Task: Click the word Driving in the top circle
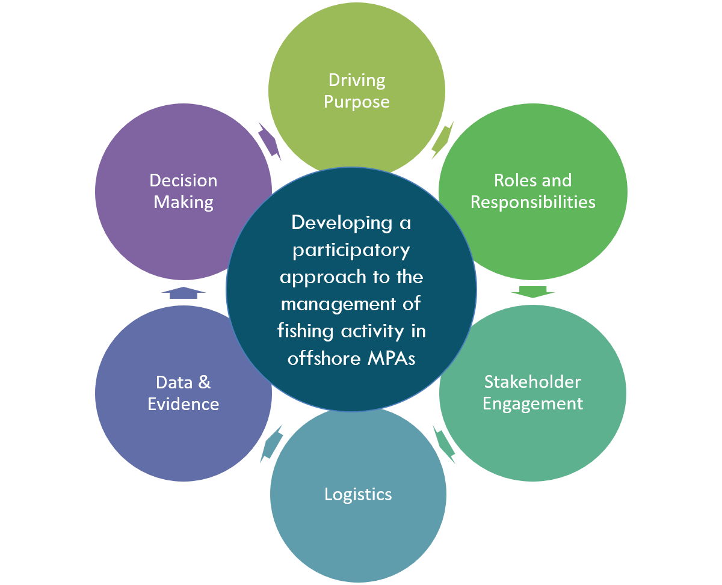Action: click(357, 80)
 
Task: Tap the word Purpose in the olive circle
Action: click(357, 102)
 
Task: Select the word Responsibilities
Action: click(532, 202)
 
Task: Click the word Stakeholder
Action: click(532, 382)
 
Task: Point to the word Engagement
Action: click(532, 403)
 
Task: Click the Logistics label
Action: click(358, 494)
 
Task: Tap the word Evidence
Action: click(184, 404)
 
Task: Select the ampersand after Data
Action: click(204, 382)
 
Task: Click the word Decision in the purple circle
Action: click(184, 180)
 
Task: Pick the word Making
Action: click(184, 202)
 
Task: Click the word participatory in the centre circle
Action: click(351, 250)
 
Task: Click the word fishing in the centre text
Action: click(306, 331)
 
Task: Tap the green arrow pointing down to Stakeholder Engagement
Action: click(532, 292)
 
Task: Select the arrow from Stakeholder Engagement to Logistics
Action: click(443, 444)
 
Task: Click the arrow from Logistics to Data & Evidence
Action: click(271, 444)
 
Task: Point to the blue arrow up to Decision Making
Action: click(184, 293)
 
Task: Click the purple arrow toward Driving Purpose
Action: click(270, 141)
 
